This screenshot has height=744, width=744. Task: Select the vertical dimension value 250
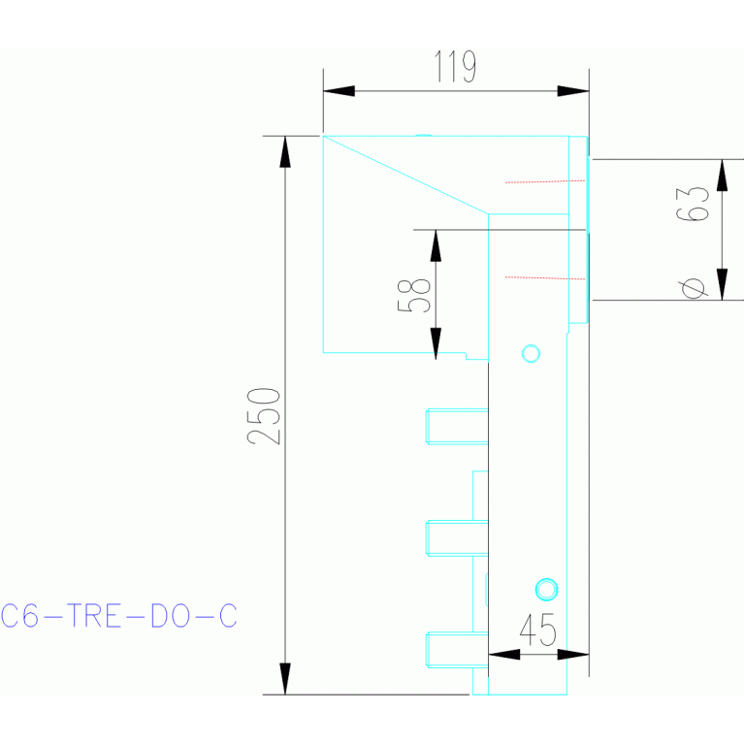coord(263,415)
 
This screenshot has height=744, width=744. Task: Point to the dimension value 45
coord(538,632)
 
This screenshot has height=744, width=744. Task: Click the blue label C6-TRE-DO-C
coord(118,616)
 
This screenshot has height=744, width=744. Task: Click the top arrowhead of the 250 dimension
coord(285,150)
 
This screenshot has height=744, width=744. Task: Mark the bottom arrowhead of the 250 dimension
coord(285,679)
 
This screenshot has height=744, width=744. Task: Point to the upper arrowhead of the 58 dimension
coord(436,244)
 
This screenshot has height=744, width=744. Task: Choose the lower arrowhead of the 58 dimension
coord(436,341)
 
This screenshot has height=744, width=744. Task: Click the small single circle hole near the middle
coord(530,352)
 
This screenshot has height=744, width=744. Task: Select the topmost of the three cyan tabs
coord(456,426)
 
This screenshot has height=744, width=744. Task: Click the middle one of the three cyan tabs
coord(456,537)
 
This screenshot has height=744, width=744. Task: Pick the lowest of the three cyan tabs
coord(456,649)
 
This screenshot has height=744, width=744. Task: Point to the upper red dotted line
coord(544,181)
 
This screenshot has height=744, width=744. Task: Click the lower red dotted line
coord(544,277)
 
